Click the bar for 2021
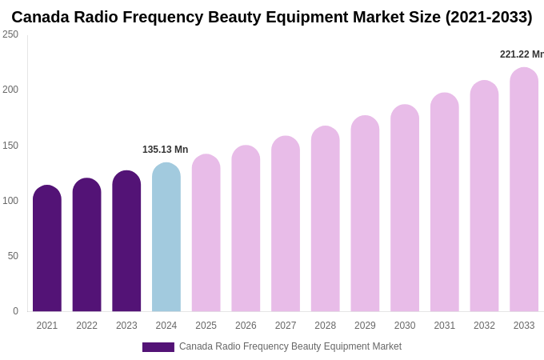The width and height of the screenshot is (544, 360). click(x=47, y=249)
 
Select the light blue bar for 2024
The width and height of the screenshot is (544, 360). click(x=166, y=238)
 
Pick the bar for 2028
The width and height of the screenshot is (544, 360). click(x=326, y=219)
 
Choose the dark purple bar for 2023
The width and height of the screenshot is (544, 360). click(x=126, y=242)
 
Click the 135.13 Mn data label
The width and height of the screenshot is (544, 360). click(x=165, y=150)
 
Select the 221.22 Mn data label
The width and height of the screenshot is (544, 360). click(x=521, y=54)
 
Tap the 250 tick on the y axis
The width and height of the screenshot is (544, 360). click(x=10, y=34)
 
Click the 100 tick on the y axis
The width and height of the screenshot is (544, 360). click(x=10, y=201)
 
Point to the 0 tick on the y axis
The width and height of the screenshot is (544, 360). click(x=15, y=311)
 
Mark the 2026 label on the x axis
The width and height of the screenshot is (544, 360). click(x=246, y=326)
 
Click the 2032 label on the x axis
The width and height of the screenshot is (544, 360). click(x=484, y=326)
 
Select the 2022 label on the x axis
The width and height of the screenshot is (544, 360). click(x=86, y=326)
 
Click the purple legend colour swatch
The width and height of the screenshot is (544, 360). click(x=158, y=347)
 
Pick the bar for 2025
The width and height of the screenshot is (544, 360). click(x=206, y=233)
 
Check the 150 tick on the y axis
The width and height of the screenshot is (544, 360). click(x=10, y=146)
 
